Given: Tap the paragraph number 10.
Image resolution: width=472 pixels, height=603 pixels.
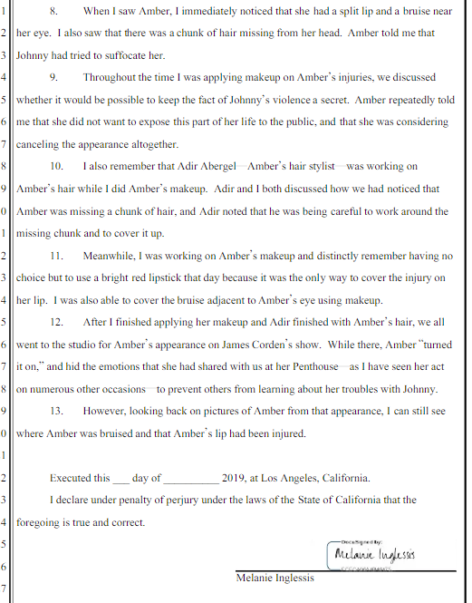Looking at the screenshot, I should (56, 168).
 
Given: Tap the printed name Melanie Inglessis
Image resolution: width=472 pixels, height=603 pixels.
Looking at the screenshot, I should (275, 579).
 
